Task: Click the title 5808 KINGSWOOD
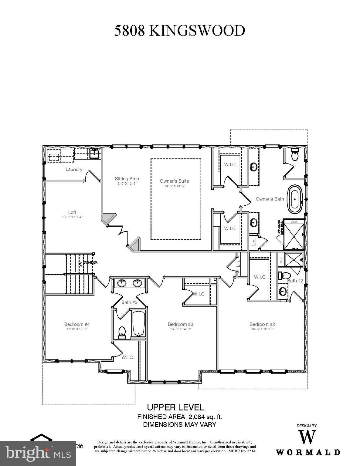click(x=180, y=31)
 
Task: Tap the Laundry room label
click(x=74, y=169)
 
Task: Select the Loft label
click(x=72, y=212)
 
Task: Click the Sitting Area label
click(x=127, y=179)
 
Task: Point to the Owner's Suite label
click(x=174, y=181)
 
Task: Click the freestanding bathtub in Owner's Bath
click(x=294, y=199)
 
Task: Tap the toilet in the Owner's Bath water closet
click(x=294, y=155)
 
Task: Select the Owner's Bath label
click(x=270, y=199)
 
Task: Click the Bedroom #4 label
click(x=77, y=324)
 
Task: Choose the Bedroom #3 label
click(x=180, y=324)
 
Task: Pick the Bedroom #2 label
click(x=262, y=324)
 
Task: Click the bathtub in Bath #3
click(x=139, y=323)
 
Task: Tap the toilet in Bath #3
click(x=122, y=332)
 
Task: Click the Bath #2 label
click(x=295, y=281)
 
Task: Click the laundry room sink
click(x=95, y=153)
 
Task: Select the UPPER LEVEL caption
click(x=175, y=407)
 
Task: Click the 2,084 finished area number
click(x=198, y=417)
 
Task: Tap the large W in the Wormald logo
click(x=307, y=437)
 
